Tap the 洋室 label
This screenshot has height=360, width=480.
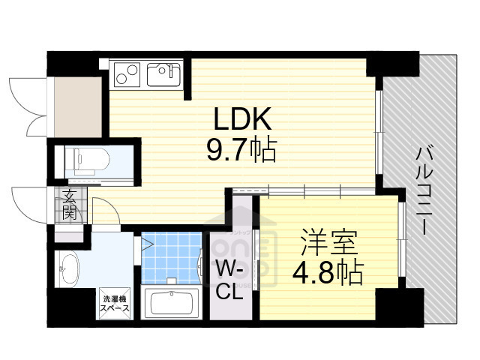(x=329, y=242)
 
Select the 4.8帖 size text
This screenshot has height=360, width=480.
(x=329, y=271)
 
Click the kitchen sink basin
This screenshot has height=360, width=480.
(x=162, y=74)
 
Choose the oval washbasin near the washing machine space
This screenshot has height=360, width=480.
(x=69, y=268)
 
